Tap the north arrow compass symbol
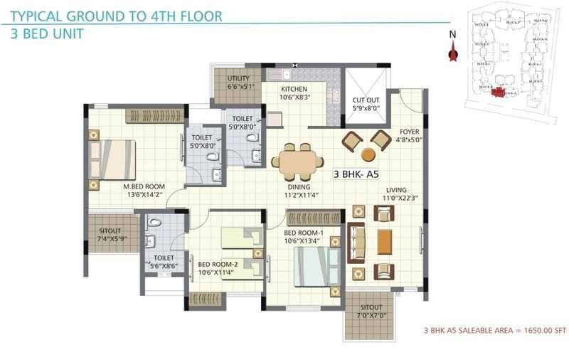click(451, 51)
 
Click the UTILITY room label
click(238, 78)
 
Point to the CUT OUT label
click(366, 100)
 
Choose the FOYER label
click(409, 131)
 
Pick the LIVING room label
click(396, 190)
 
